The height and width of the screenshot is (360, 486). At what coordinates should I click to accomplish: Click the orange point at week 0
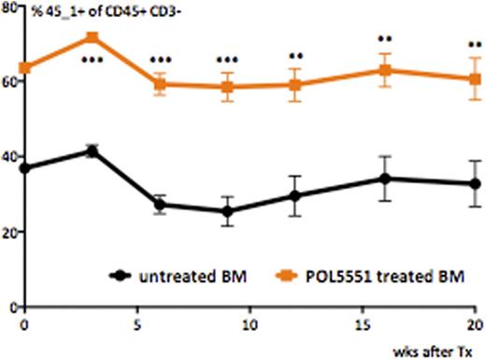(x=25, y=68)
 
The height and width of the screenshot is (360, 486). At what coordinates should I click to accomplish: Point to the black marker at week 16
(x=386, y=179)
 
